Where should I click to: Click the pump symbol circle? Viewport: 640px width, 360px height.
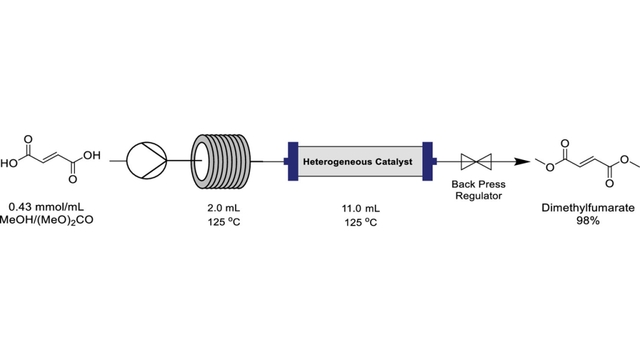click(146, 161)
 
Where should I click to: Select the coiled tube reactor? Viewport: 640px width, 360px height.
click(221, 162)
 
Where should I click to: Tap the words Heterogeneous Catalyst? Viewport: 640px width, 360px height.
click(357, 162)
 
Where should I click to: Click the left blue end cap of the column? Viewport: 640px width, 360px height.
click(292, 161)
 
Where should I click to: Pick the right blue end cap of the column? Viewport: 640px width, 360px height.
click(428, 161)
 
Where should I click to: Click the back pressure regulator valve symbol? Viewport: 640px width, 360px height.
click(476, 162)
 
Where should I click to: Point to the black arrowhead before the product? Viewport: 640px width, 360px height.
click(522, 162)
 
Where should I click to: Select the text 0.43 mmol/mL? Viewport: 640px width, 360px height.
click(46, 207)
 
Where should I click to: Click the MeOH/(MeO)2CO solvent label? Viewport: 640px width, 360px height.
click(46, 221)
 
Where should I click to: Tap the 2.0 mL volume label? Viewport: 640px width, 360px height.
click(224, 207)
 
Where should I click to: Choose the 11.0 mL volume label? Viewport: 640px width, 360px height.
click(361, 209)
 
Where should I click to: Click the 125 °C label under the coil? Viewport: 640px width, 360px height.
click(224, 222)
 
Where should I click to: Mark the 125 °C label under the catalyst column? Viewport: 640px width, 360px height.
click(361, 222)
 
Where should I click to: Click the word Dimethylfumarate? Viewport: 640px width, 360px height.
click(587, 207)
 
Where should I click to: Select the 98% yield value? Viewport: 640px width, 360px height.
click(587, 221)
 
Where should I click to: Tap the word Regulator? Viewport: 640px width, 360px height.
click(478, 196)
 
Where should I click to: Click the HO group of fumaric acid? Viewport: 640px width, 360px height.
click(9, 164)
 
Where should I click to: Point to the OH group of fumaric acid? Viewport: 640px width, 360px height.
click(92, 155)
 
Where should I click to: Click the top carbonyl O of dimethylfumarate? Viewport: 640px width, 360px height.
click(565, 143)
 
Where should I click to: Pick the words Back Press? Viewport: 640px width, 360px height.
click(478, 184)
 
